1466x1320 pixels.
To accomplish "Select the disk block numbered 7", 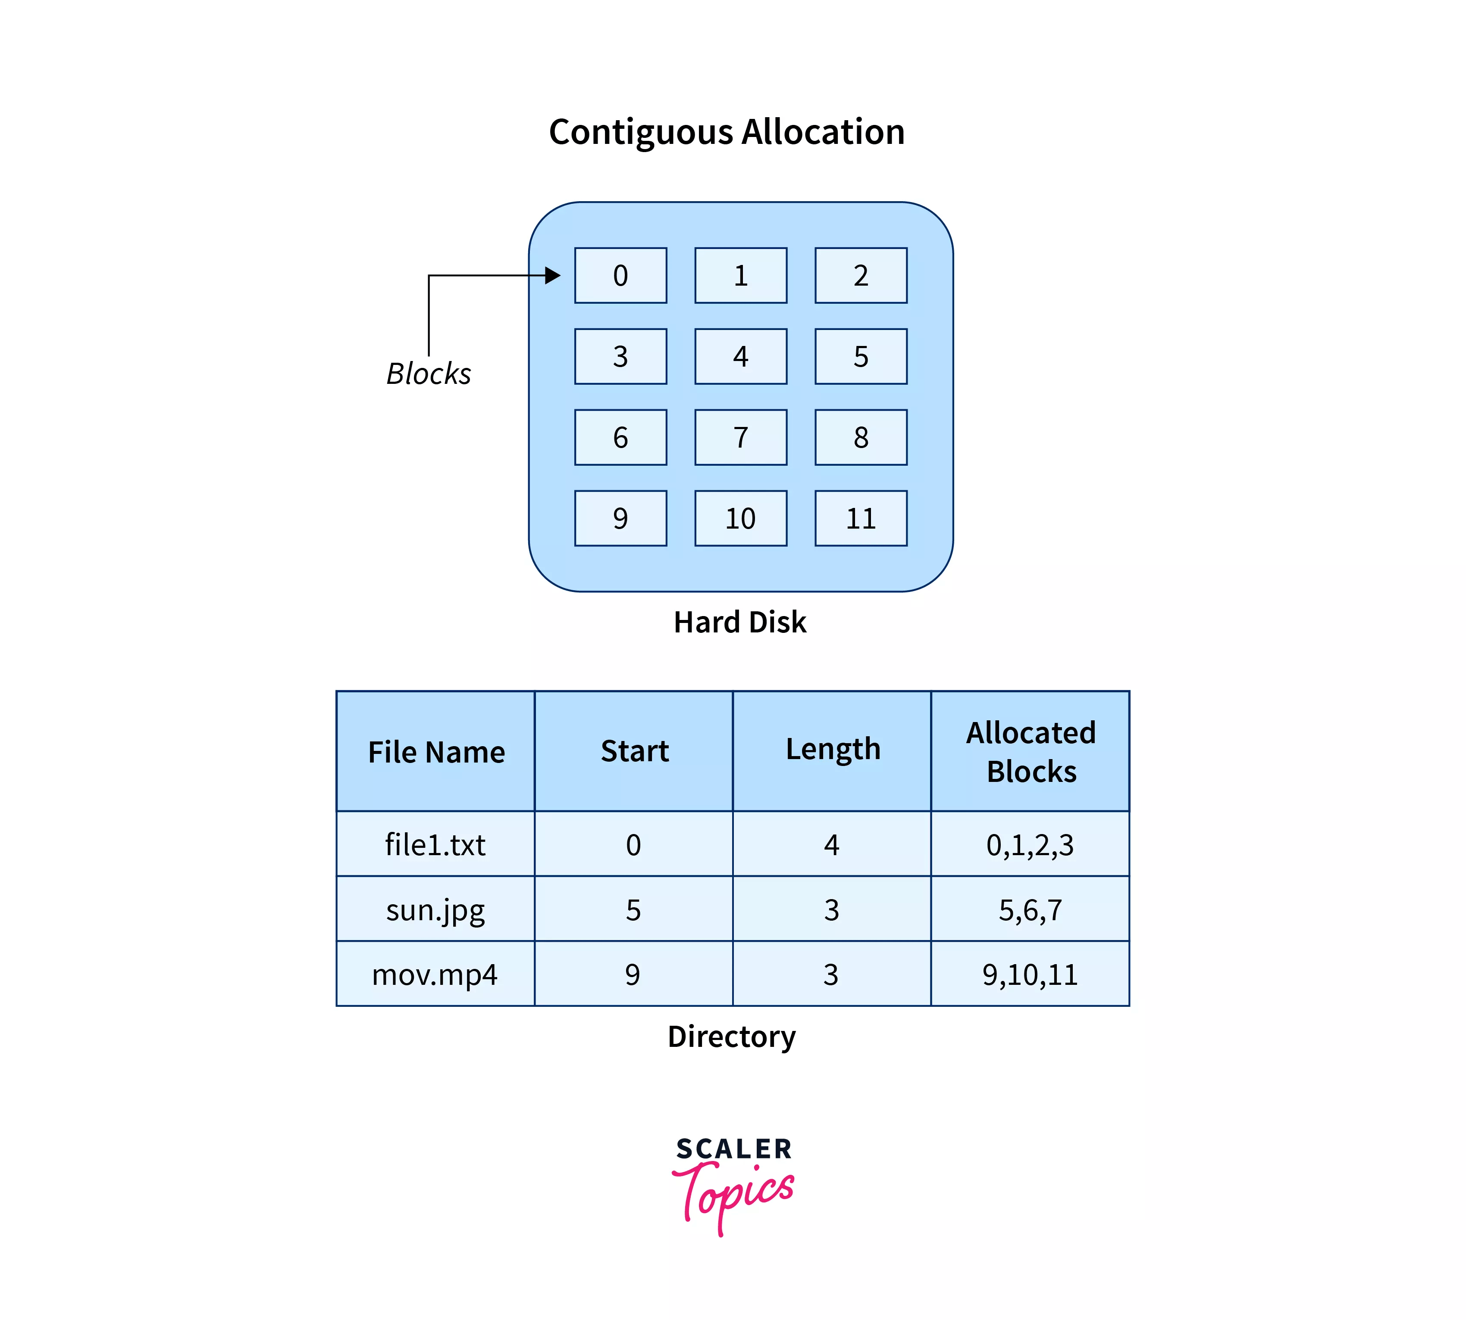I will [740, 437].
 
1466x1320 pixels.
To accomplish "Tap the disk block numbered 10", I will [740, 518].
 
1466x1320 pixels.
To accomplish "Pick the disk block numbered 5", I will [861, 356].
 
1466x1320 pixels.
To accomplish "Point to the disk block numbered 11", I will [861, 518].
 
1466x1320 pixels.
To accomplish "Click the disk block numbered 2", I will [861, 276].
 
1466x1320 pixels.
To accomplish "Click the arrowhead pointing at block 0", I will [553, 276].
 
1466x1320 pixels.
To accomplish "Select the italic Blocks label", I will [428, 374].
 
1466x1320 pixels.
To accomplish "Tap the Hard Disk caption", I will [739, 622].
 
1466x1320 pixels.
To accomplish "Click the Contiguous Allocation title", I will [727, 132].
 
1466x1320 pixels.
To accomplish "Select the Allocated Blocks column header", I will [1031, 751].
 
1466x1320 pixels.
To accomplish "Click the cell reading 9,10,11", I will [1030, 974].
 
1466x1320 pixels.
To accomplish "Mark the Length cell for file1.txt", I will [832, 844].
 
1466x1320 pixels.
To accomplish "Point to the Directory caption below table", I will [732, 1036].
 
